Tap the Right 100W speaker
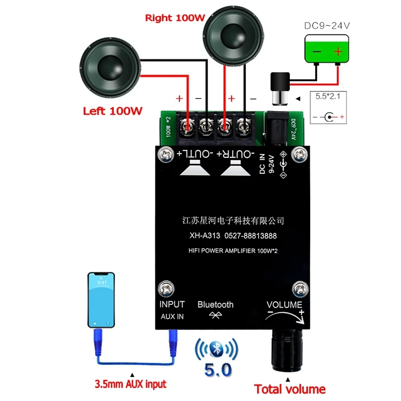point(233,39)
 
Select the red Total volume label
point(290,389)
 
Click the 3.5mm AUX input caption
point(130,385)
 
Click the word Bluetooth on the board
point(216,304)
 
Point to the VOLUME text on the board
point(284,305)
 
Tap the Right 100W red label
point(175,18)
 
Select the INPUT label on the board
point(172,304)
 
